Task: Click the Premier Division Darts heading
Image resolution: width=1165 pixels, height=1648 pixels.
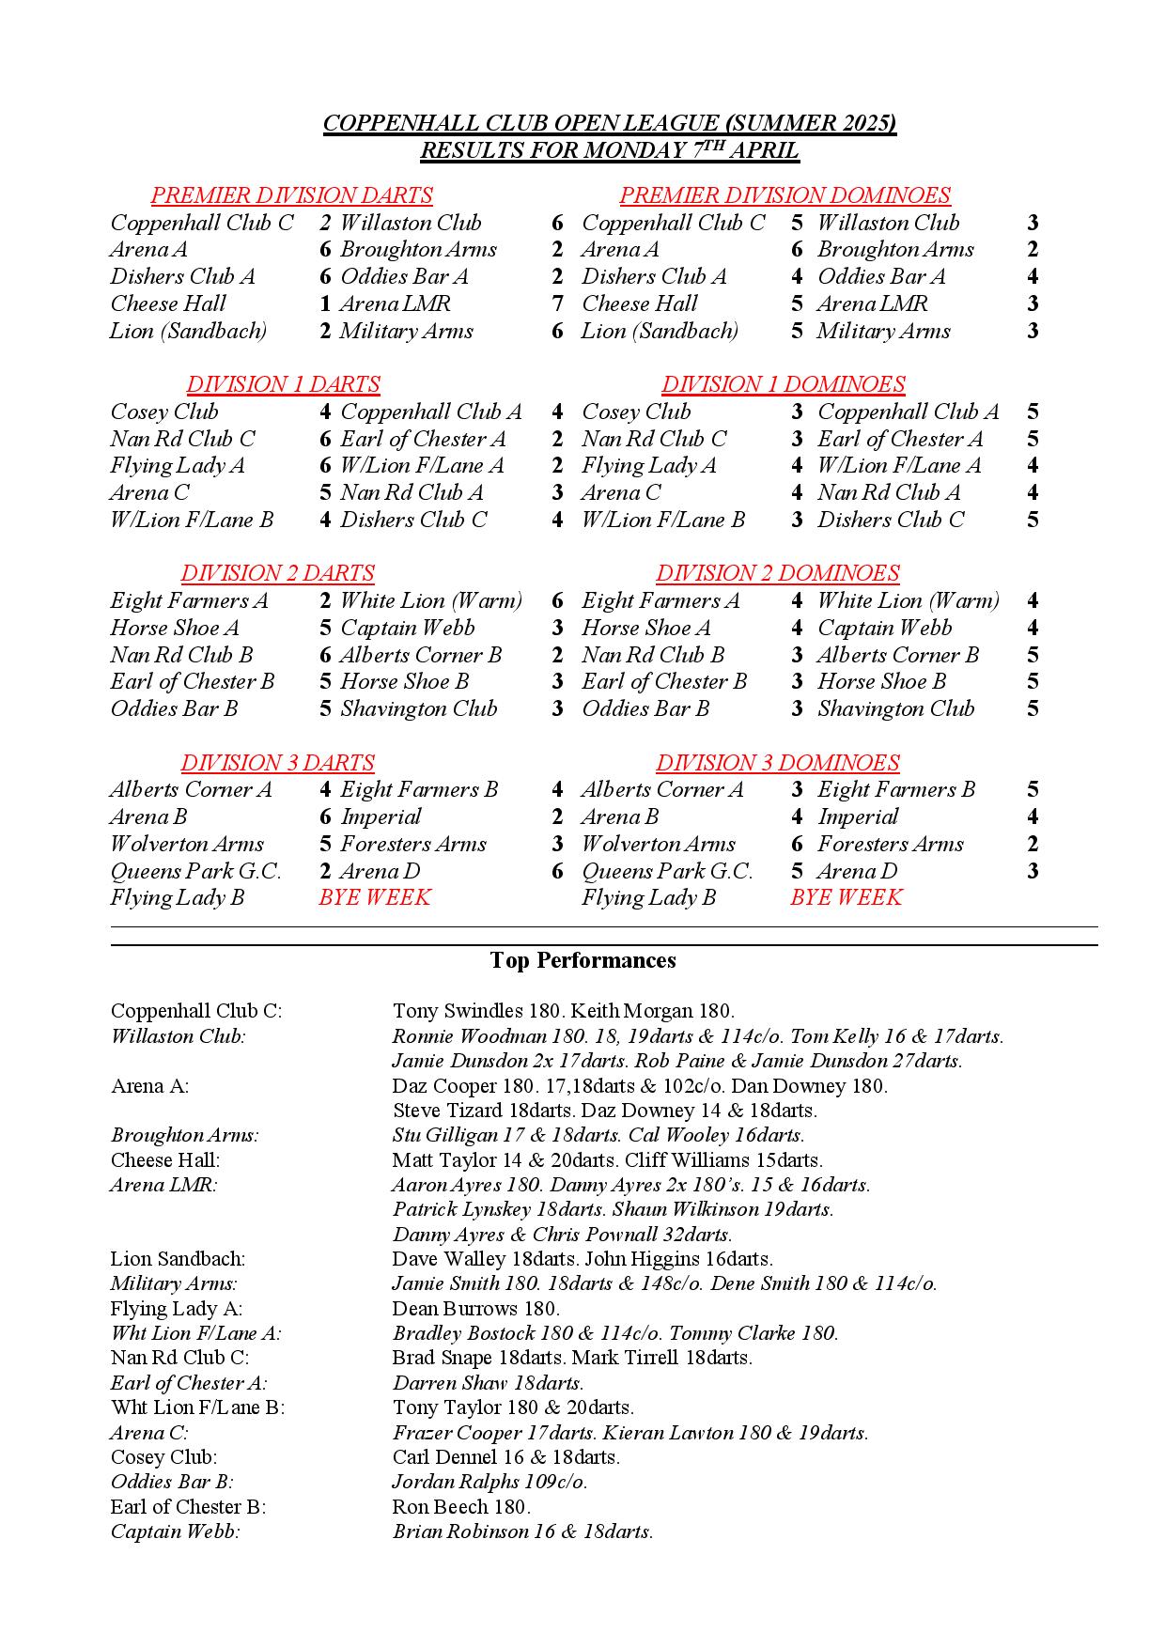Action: coord(291,195)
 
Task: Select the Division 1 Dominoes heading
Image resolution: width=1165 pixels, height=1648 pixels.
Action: coord(783,384)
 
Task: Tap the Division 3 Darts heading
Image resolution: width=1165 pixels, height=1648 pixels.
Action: coord(277,762)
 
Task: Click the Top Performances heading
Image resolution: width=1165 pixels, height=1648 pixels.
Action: coord(582,960)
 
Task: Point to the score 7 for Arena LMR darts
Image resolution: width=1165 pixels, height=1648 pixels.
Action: coord(557,303)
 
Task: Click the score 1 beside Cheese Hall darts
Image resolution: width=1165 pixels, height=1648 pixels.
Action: coord(325,303)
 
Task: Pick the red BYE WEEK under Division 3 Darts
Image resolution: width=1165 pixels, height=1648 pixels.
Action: coord(374,897)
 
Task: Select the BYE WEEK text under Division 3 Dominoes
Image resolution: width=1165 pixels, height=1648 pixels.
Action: coord(846,897)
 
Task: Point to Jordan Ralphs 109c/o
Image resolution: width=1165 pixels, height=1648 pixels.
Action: coord(489,1482)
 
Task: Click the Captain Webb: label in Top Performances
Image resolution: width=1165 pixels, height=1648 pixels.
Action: coord(175,1531)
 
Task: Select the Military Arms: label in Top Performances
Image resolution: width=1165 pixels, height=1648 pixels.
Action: coord(174,1283)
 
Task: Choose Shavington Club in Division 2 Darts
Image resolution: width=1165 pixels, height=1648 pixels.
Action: coord(418,708)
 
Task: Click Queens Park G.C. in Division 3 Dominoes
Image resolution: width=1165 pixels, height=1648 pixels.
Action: coord(667,871)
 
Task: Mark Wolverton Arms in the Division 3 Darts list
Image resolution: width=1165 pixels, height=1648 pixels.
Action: coord(187,844)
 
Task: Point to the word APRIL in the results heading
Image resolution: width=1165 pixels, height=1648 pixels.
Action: coord(764,150)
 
